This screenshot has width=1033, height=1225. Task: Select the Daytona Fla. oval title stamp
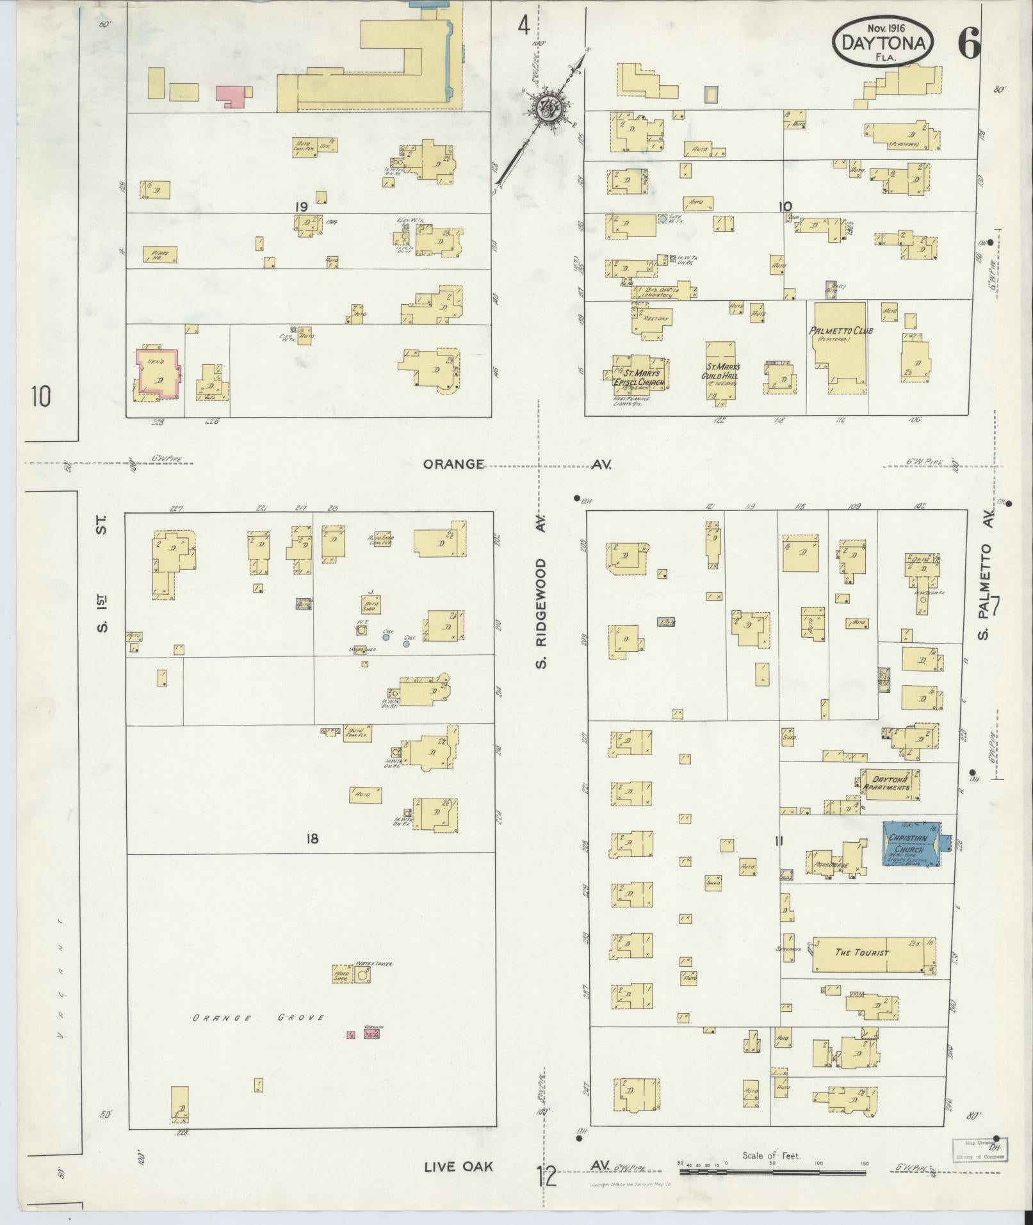pyautogui.click(x=883, y=41)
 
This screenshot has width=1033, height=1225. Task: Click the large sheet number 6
pyautogui.click(x=968, y=44)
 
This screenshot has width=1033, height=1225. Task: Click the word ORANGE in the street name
pyautogui.click(x=453, y=464)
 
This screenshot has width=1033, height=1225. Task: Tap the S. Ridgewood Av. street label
pyautogui.click(x=542, y=612)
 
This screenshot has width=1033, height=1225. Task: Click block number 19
pyautogui.click(x=302, y=207)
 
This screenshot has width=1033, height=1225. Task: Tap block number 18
pyautogui.click(x=312, y=838)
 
